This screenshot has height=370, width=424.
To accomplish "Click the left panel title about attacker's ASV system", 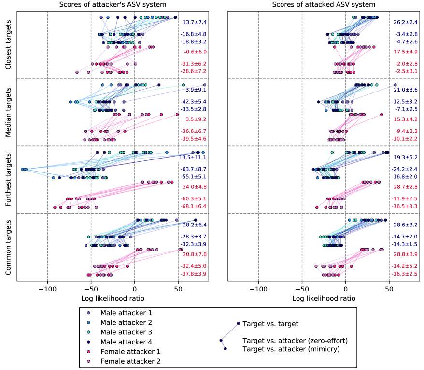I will (113, 5).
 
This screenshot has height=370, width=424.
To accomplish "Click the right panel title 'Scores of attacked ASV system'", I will (324, 5).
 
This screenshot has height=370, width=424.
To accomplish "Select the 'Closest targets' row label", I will (8, 45).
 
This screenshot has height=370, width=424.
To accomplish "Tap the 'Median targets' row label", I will (8, 112).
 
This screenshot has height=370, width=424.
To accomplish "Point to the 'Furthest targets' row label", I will (8, 180).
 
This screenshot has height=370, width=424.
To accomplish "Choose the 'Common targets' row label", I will (8, 247).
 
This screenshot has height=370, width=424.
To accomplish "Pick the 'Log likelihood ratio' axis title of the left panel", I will (113, 299).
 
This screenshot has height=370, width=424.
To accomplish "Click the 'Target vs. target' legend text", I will (270, 323).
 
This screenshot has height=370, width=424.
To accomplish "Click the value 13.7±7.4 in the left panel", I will (195, 22).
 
